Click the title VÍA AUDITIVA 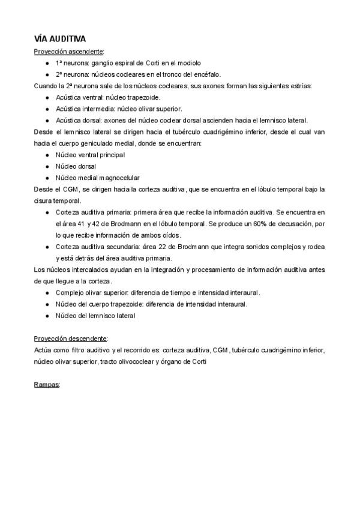[60, 39]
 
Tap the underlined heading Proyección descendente [71, 339]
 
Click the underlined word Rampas [47, 384]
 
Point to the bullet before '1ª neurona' [47, 62]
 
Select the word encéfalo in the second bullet [208, 74]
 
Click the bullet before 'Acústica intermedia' [47, 109]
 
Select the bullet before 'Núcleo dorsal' [47, 166]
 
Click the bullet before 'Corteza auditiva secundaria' [47, 247]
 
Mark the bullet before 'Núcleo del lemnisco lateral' [47, 315]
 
